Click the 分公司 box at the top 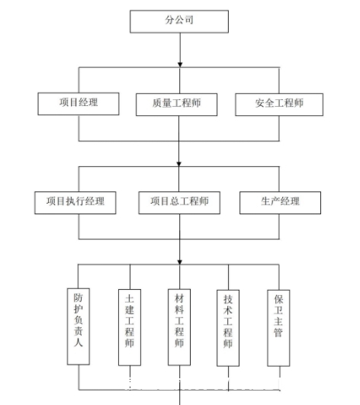(179, 21)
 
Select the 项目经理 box (79, 104)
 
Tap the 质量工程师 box (176, 104)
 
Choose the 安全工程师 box (279, 104)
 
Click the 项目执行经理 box (76, 203)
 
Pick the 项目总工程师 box (179, 203)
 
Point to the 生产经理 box (280, 203)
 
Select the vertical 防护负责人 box (79, 326)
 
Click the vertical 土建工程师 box (130, 327)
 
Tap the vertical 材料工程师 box (179, 327)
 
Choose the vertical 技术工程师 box (228, 328)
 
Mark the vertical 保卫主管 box (278, 328)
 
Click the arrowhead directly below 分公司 (180, 65)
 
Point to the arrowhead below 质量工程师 (178, 164)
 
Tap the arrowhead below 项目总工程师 (180, 262)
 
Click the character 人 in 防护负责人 (79, 342)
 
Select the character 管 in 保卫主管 (278, 333)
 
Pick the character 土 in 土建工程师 (130, 299)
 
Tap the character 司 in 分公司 (189, 20)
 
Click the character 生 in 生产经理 (265, 201)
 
